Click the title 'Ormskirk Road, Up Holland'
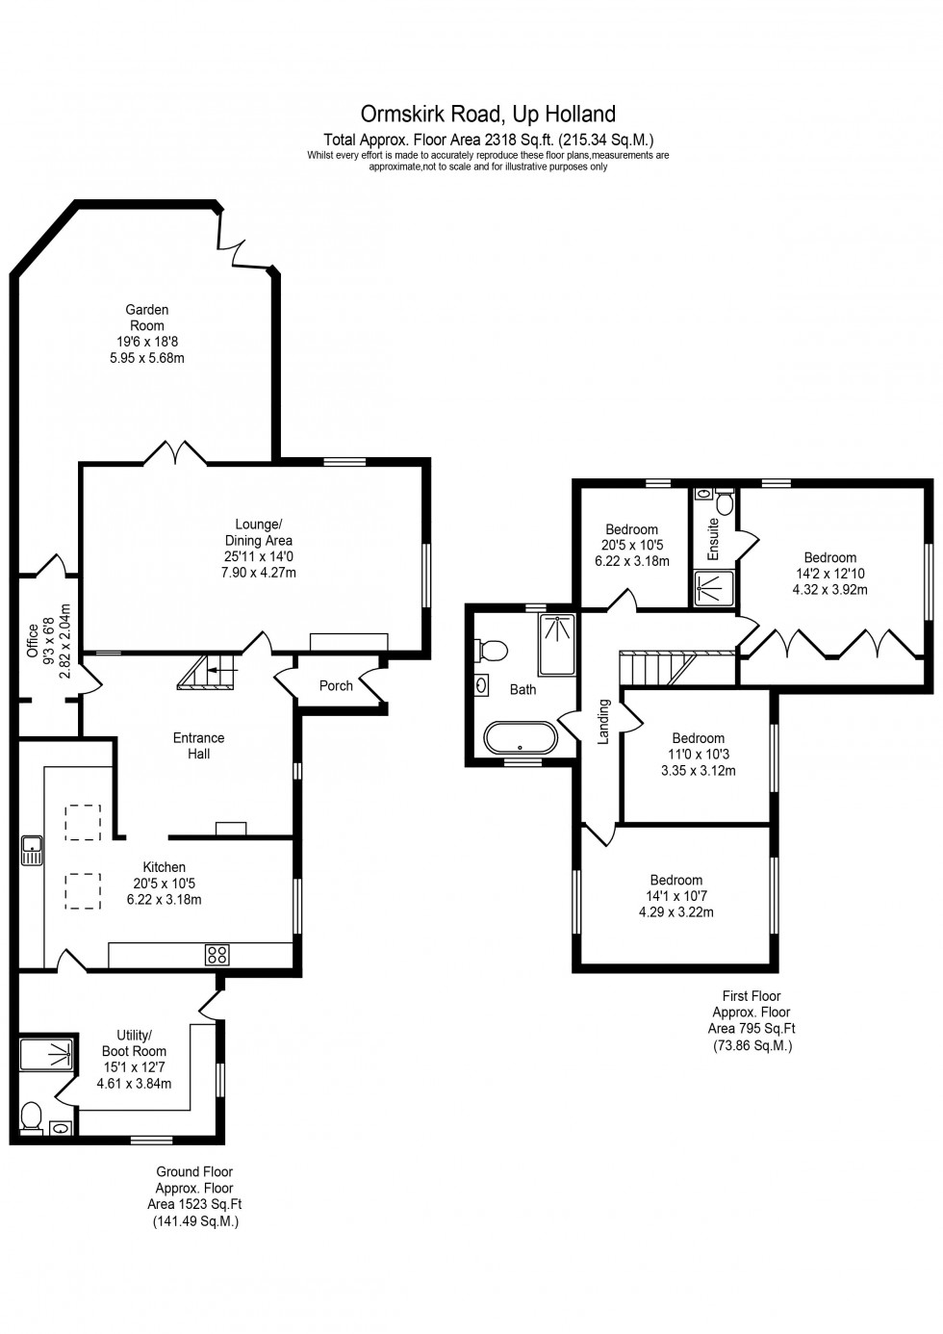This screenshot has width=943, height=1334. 488,115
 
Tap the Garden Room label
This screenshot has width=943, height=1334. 147,318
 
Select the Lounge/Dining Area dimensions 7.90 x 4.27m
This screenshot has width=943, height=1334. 258,573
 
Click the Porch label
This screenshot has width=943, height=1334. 336,686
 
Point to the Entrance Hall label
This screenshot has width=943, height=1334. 198,746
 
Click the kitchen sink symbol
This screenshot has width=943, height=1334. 32,850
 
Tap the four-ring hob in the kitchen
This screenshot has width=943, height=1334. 217,955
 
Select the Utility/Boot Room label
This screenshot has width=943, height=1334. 135,1043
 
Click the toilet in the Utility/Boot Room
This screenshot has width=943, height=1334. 31,1116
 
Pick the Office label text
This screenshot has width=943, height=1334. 33,641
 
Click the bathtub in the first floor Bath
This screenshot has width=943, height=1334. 520,738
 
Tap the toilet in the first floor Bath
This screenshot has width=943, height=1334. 493,652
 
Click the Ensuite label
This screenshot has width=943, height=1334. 714,539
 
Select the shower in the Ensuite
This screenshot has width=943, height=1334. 713,589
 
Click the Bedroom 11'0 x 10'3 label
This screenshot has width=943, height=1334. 698,739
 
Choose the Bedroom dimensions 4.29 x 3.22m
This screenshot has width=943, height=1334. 675,912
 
